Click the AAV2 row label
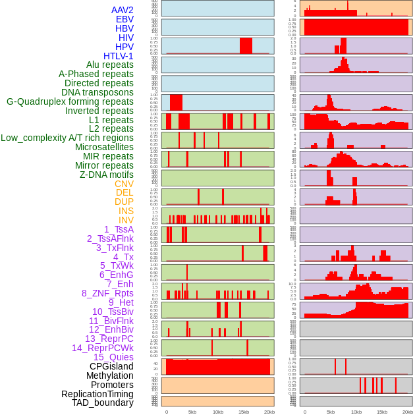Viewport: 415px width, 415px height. (x=123, y=10)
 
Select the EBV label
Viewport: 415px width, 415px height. (x=124, y=19)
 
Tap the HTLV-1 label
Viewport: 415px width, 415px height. (x=119, y=56)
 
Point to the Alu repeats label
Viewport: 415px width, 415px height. (x=109, y=65)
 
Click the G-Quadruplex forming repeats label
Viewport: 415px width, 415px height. (x=70, y=101)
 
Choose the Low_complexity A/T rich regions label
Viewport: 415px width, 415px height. (x=67, y=138)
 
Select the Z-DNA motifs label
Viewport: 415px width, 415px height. (x=107, y=175)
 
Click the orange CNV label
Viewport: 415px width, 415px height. (x=124, y=184)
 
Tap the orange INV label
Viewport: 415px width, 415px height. (x=126, y=220)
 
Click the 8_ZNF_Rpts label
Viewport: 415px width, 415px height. (x=107, y=293)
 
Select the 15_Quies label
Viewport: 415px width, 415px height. (x=113, y=357)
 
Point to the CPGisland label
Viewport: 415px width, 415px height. (x=111, y=366)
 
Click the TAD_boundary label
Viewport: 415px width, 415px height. (x=103, y=402)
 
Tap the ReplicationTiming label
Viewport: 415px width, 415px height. (x=97, y=394)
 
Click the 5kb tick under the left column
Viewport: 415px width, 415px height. (x=192, y=412)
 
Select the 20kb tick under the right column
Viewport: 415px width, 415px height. (x=408, y=412)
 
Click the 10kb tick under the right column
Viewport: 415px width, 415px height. (x=356, y=412)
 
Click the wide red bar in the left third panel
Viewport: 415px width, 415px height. (x=246, y=45)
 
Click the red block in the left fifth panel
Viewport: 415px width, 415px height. (x=176, y=102)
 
